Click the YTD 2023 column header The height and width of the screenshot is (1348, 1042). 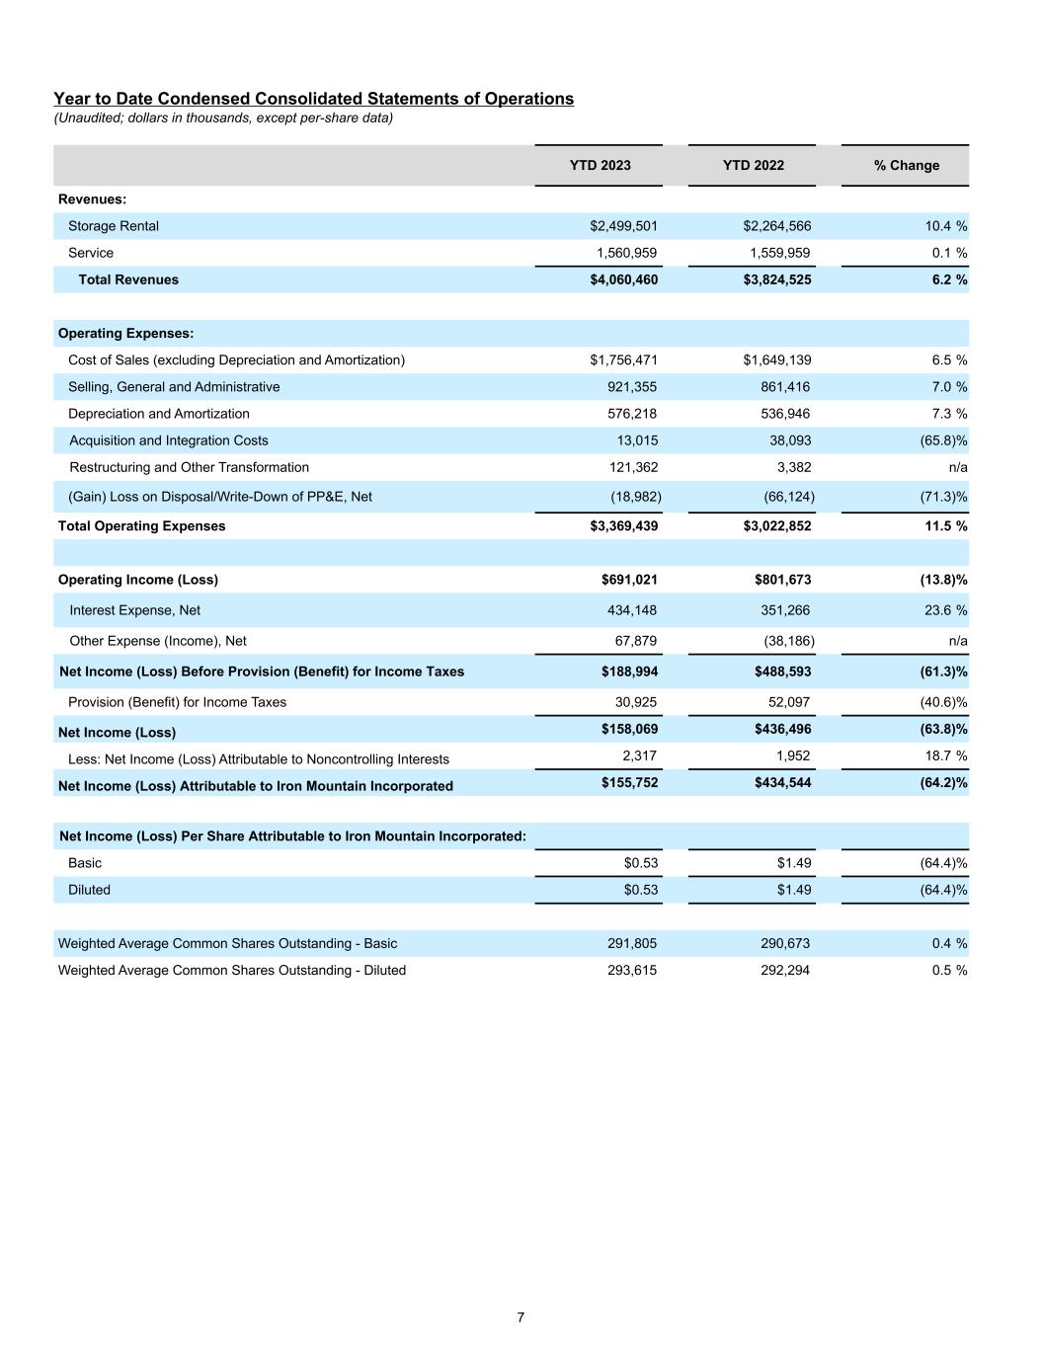click(x=600, y=165)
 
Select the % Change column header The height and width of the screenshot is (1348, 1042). click(x=906, y=165)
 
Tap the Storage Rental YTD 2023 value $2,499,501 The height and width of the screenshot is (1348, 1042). click(x=623, y=226)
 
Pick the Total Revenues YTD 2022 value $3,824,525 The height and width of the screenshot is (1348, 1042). click(x=776, y=279)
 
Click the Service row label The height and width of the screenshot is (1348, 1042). click(x=91, y=253)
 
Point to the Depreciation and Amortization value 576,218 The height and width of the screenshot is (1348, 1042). click(x=632, y=414)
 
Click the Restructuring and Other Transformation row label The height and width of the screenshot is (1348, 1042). click(x=189, y=467)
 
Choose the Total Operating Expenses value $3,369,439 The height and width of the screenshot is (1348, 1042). click(x=623, y=525)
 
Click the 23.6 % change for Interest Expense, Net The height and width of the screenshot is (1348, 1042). click(x=945, y=610)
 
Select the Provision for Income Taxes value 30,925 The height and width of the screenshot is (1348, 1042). click(x=635, y=702)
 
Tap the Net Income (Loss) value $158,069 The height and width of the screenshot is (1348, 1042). click(x=629, y=729)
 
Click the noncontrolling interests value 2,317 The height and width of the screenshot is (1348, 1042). click(x=639, y=755)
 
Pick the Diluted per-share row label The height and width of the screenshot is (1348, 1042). click(x=89, y=890)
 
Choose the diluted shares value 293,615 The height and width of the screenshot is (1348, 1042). click(x=632, y=970)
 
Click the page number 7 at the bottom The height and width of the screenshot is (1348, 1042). click(x=521, y=1317)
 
